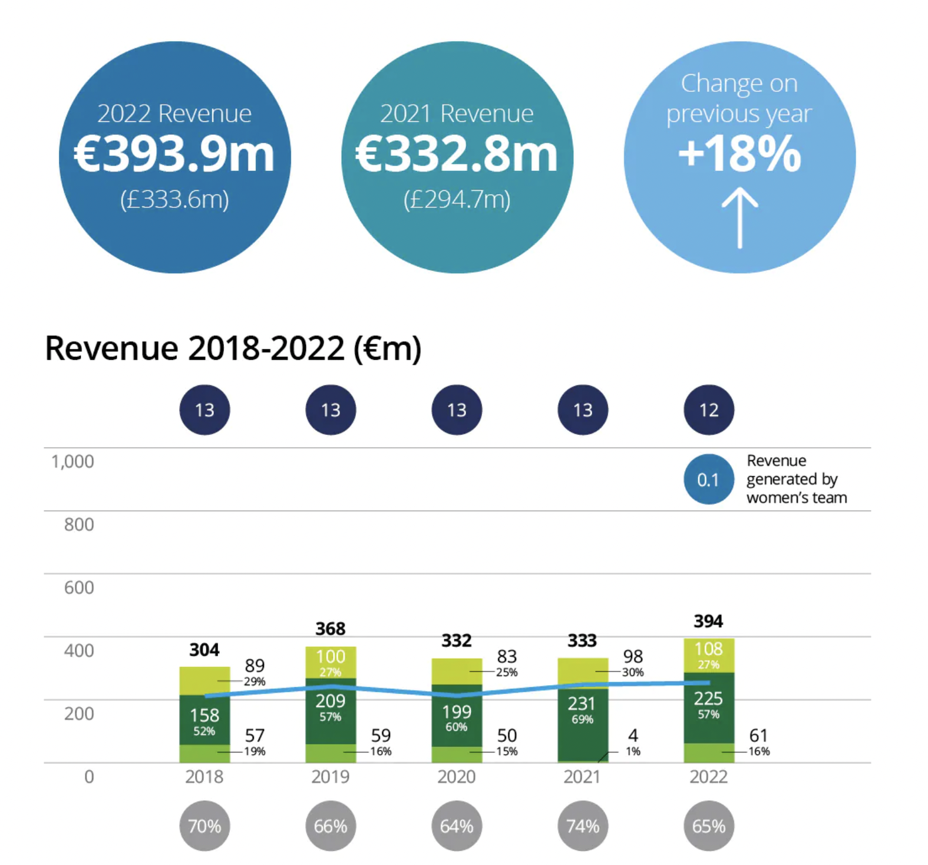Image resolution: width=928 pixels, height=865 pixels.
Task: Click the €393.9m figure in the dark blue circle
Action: point(174,154)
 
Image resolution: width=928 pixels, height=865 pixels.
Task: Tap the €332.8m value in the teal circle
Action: point(457,154)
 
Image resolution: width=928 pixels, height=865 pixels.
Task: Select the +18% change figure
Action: point(739,153)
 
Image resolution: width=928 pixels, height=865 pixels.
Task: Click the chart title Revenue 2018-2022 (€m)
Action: point(233,348)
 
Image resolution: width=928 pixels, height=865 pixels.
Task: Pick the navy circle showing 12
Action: point(709,410)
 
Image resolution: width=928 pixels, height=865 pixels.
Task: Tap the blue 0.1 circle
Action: point(709,480)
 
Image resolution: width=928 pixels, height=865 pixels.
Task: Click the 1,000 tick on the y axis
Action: point(72,461)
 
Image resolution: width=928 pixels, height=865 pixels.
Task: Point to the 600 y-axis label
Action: point(79,587)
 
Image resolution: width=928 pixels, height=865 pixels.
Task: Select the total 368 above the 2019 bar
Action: point(331,629)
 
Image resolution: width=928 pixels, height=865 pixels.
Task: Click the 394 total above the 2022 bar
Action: point(708,621)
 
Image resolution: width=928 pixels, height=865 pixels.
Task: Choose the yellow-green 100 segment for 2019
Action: point(331,663)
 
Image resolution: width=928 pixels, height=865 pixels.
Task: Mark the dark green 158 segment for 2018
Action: point(204,720)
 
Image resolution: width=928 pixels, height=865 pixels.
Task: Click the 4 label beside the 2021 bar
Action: point(633,735)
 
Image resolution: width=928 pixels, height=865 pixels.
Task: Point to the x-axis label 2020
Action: point(457,777)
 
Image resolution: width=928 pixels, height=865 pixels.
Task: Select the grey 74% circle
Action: point(583,826)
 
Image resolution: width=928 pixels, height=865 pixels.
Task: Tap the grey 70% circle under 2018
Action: point(204,826)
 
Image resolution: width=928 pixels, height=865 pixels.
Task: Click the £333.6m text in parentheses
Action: point(174,200)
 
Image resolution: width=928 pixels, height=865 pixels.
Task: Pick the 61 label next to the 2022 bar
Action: point(758,735)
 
